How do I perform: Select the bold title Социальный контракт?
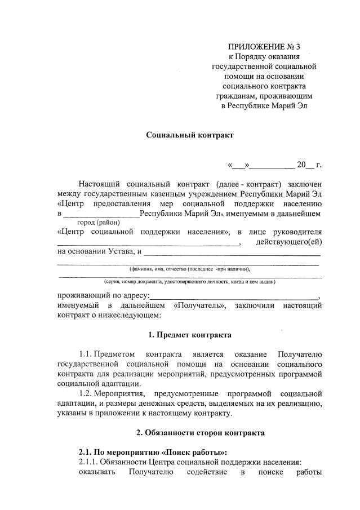[189, 135]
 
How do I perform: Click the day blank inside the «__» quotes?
[238, 165]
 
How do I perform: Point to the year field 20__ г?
[309, 165]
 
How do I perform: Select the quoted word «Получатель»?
[199, 305]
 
